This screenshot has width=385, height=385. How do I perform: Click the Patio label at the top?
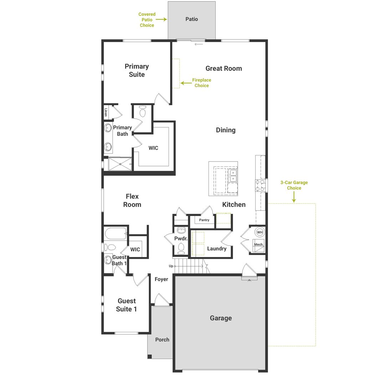point(191,19)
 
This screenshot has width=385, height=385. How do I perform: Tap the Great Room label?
point(224,68)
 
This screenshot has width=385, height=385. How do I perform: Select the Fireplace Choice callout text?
point(202,83)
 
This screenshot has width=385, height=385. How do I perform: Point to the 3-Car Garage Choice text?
point(294,185)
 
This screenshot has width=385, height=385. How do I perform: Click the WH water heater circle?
point(260,232)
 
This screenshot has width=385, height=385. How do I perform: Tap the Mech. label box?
point(259,245)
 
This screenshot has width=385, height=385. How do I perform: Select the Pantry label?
point(204,220)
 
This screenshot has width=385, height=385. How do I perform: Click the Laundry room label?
point(216,248)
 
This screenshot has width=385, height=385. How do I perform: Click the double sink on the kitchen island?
point(232,176)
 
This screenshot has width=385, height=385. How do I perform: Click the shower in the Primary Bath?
point(120,164)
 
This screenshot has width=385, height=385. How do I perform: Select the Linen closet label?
point(106,113)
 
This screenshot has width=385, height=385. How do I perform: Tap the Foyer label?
point(161,279)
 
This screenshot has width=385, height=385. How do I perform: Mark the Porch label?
point(162,340)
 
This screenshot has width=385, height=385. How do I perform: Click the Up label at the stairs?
point(171,266)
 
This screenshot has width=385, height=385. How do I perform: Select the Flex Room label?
point(132,200)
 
